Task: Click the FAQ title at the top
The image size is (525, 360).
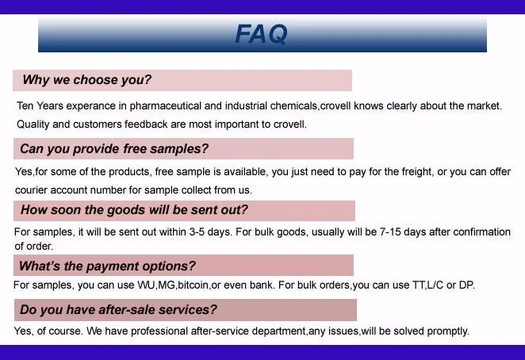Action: pyautogui.click(x=261, y=34)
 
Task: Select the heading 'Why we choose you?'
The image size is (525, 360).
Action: pyautogui.click(x=86, y=80)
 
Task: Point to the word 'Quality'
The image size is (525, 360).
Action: pyautogui.click(x=34, y=124)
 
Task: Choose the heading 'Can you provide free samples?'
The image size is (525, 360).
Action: pyautogui.click(x=114, y=148)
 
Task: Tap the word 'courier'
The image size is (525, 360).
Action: pyautogui.click(x=33, y=190)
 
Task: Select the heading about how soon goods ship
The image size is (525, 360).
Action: pyautogui.click(x=134, y=210)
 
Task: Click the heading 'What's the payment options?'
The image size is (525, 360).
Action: pyautogui.click(x=107, y=266)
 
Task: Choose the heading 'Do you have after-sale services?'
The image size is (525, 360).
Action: pyautogui.click(x=118, y=309)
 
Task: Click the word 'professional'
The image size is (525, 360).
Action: pyautogui.click(x=159, y=331)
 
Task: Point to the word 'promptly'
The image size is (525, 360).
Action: pyautogui.click(x=447, y=331)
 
